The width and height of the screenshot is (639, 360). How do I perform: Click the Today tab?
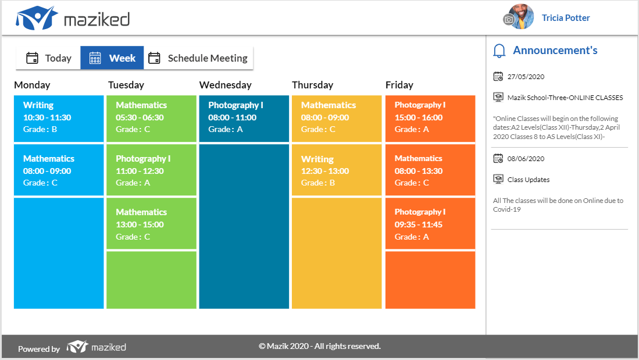(48, 58)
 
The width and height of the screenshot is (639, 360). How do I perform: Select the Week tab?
(112, 58)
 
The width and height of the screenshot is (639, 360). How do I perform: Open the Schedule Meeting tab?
(198, 58)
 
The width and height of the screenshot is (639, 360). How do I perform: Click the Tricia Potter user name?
(566, 18)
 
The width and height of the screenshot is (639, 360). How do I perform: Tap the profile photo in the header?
(521, 17)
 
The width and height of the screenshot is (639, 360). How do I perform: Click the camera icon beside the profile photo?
(509, 19)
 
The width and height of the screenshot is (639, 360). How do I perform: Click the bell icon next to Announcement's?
(499, 51)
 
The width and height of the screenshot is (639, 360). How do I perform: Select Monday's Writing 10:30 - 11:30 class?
(59, 119)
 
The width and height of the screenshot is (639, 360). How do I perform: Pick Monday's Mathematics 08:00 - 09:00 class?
(59, 170)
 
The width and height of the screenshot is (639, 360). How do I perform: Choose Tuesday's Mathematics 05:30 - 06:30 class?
(151, 119)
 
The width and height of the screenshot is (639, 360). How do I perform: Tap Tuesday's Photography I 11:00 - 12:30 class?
(151, 170)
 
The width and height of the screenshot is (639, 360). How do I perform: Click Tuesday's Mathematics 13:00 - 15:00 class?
(151, 223)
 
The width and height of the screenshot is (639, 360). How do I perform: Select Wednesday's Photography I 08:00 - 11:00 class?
(244, 119)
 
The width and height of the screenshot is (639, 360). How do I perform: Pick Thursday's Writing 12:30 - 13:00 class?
(337, 170)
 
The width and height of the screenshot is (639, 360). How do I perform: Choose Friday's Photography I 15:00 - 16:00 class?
(430, 119)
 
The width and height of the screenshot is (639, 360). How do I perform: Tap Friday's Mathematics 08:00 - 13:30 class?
(430, 170)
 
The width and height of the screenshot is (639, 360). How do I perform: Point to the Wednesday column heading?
(226, 85)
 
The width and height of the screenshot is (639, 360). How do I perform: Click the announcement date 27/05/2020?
(526, 77)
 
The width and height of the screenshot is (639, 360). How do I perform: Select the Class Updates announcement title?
(529, 180)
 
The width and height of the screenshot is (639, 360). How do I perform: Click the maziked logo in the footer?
(96, 347)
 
